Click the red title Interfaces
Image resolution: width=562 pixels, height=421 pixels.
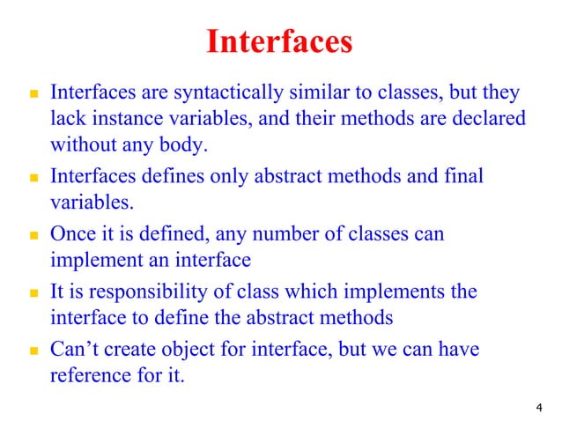279,41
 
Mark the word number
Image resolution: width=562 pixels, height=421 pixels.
266,234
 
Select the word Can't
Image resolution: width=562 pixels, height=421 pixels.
77,351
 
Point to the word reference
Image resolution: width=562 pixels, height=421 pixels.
87,376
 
